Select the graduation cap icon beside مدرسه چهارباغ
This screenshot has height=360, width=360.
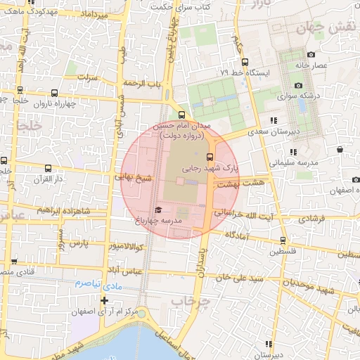point(158,210)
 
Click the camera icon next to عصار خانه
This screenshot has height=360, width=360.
point(311,55)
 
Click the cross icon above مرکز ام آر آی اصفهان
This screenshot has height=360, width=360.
point(104,300)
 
